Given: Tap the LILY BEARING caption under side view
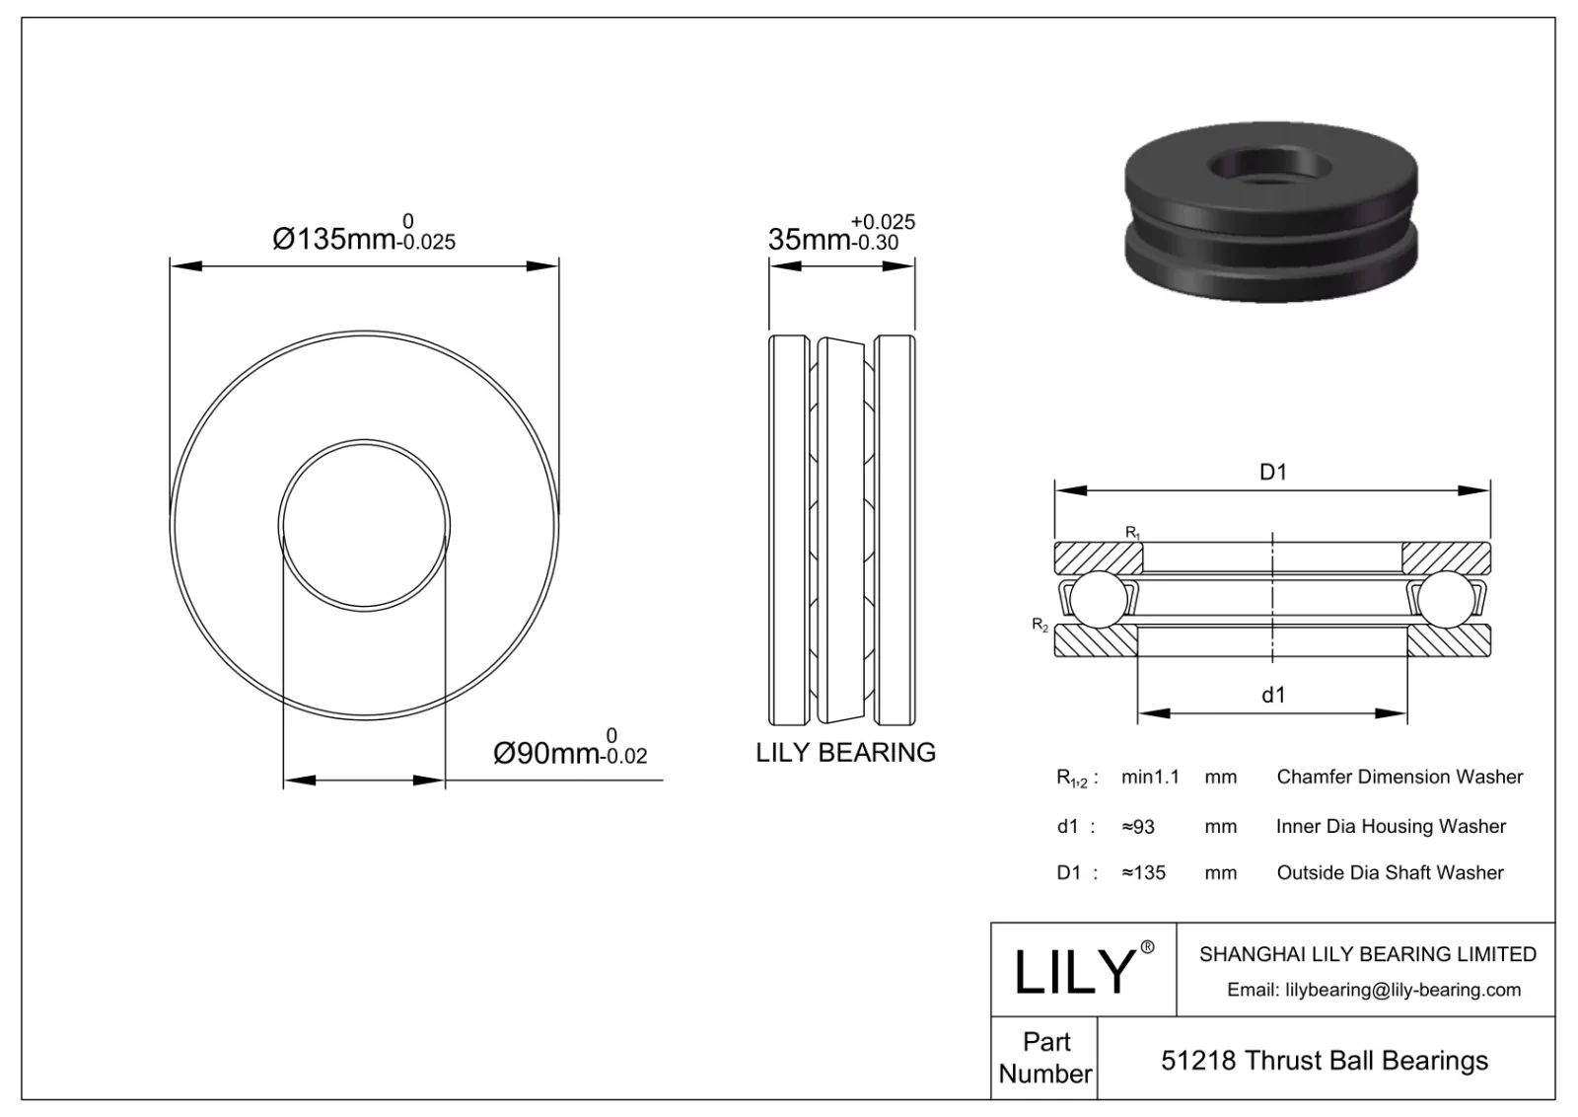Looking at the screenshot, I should click(x=845, y=753).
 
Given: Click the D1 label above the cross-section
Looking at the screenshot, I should click(x=1273, y=473).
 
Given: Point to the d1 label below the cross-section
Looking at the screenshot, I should click(x=1273, y=696).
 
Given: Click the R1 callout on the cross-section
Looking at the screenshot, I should click(x=1133, y=533).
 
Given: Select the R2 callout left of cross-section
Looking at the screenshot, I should click(x=1040, y=625).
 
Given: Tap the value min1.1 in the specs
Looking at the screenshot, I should click(x=1150, y=778).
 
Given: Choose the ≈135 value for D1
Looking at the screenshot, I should click(x=1143, y=873).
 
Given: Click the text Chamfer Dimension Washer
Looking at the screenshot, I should click(x=1399, y=778).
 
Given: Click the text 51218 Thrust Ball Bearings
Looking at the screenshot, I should click(x=1325, y=1061).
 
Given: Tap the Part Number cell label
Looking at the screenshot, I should click(x=1045, y=1058).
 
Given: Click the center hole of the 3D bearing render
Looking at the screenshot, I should click(x=1273, y=166).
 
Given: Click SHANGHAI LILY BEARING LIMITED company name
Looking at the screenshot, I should click(x=1367, y=954).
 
